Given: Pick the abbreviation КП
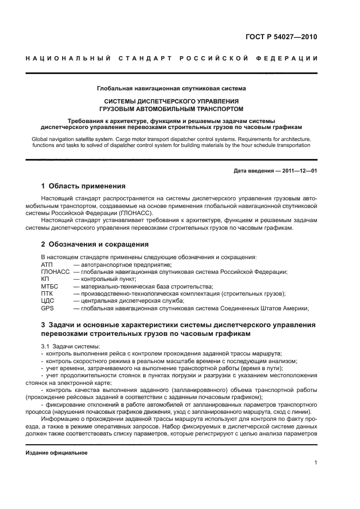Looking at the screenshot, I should pyautogui.click(x=45, y=279).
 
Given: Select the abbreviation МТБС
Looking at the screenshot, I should pyautogui.click(x=50, y=286).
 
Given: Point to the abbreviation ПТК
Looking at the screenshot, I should pyautogui.click(x=47, y=293).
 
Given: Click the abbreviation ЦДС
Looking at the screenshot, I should pyautogui.click(x=48, y=301).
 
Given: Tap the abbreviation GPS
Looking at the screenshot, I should pyautogui.click(x=47, y=308).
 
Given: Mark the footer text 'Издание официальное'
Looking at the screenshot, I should pyautogui.click(x=57, y=452).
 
